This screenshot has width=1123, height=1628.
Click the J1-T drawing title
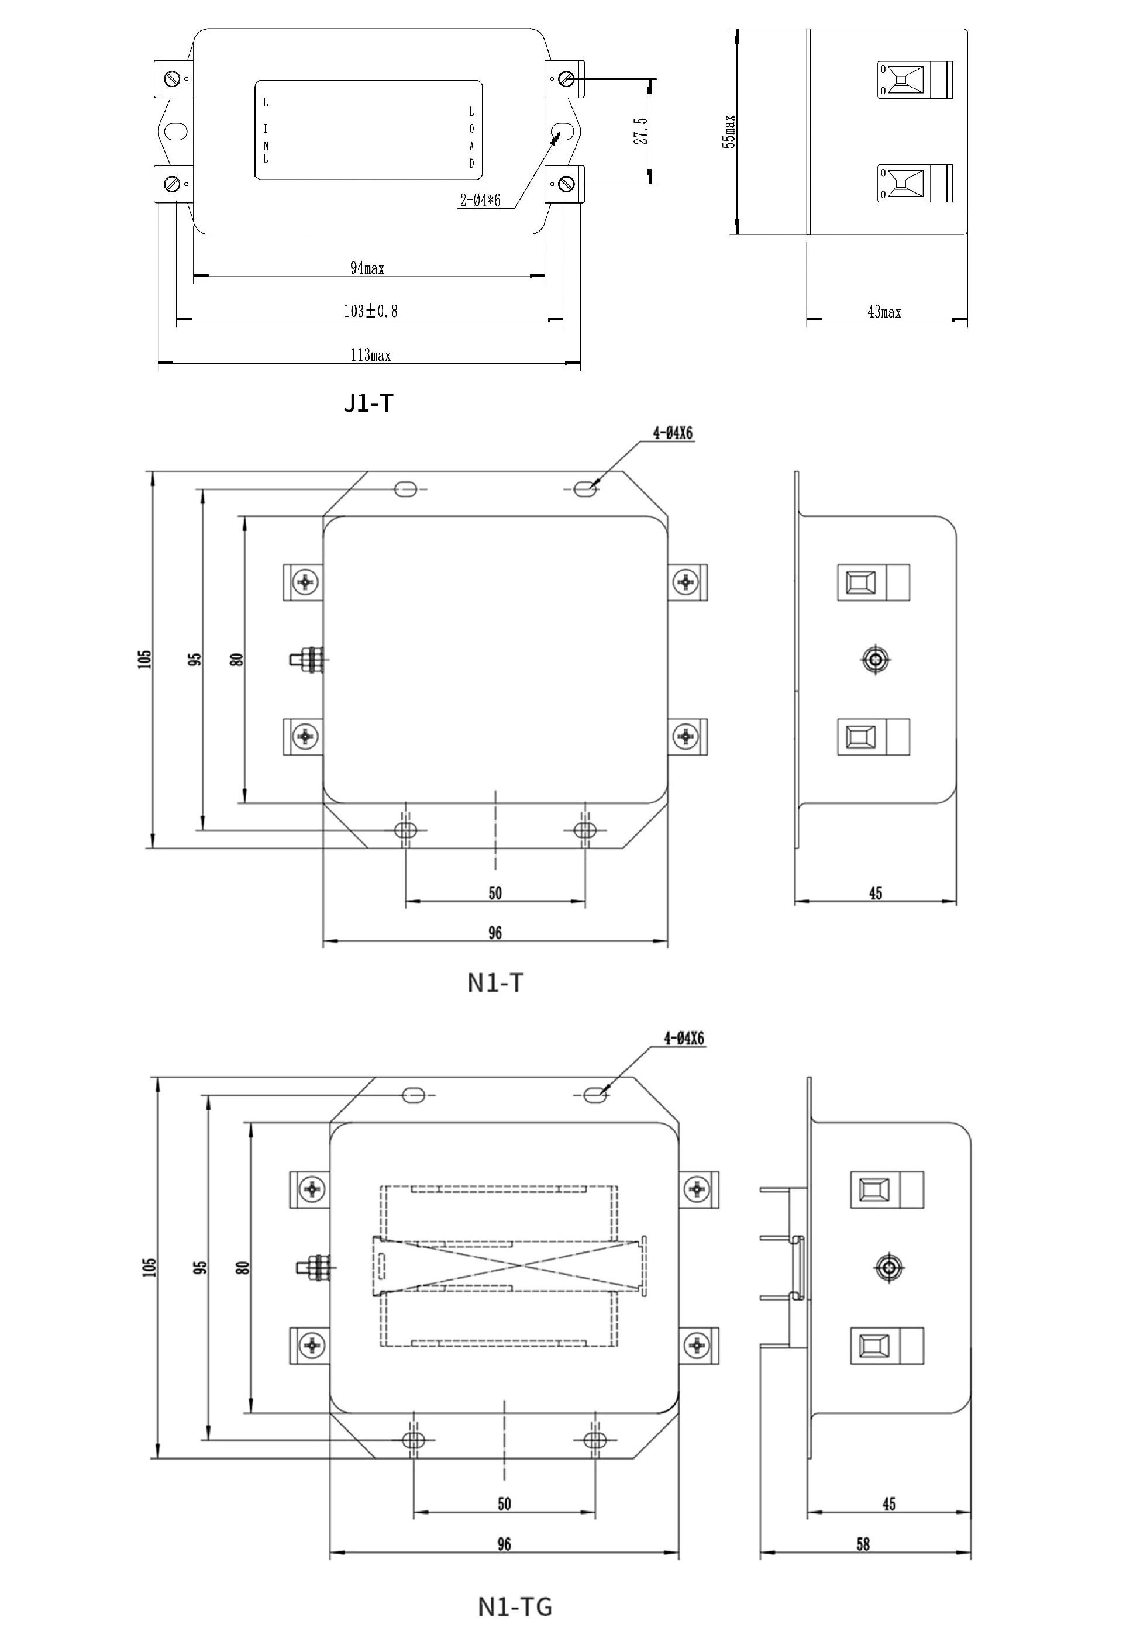click(368, 403)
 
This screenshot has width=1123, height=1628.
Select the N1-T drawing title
click(495, 983)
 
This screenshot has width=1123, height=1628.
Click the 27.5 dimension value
click(640, 132)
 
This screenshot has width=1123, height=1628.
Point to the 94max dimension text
click(367, 268)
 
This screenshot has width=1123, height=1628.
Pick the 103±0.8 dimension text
click(370, 311)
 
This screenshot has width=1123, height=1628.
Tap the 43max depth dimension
click(884, 312)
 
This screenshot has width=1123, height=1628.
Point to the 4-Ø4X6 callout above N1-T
click(673, 433)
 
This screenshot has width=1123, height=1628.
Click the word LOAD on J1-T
click(471, 138)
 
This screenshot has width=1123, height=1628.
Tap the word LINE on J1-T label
click(266, 131)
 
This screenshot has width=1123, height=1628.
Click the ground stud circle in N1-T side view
click(876, 659)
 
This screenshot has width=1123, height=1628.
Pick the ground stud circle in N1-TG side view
click(888, 1267)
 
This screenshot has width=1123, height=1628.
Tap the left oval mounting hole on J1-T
click(175, 131)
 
